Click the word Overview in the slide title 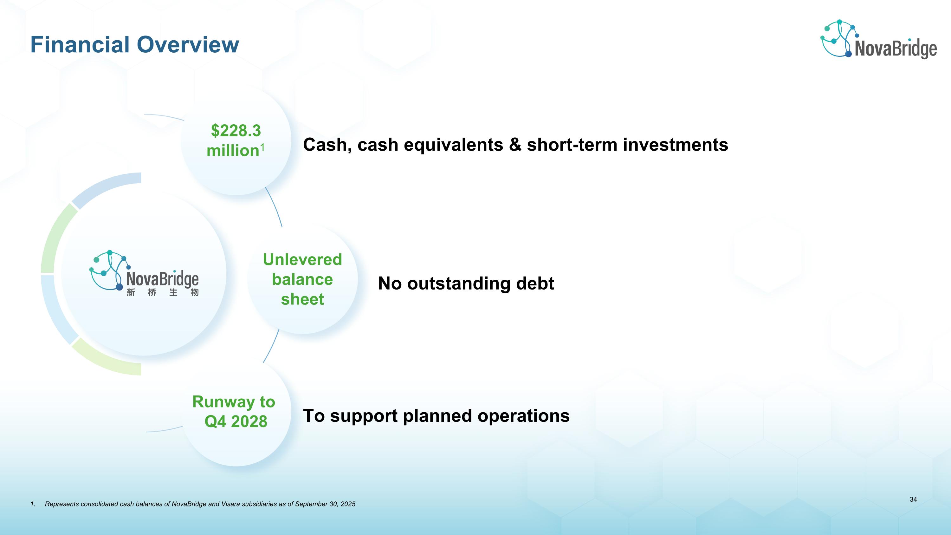[x=188, y=45]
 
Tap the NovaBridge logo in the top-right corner [x=879, y=40]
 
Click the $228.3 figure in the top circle [x=236, y=131]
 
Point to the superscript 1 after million [x=262, y=147]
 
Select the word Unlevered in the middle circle [x=302, y=259]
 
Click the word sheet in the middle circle [x=302, y=299]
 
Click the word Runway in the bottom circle [x=221, y=402]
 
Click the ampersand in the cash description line [x=514, y=145]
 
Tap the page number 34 [x=913, y=499]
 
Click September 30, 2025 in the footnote [x=325, y=504]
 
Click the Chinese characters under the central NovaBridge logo [x=162, y=293]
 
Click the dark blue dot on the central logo [x=119, y=287]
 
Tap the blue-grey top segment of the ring [x=107, y=188]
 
